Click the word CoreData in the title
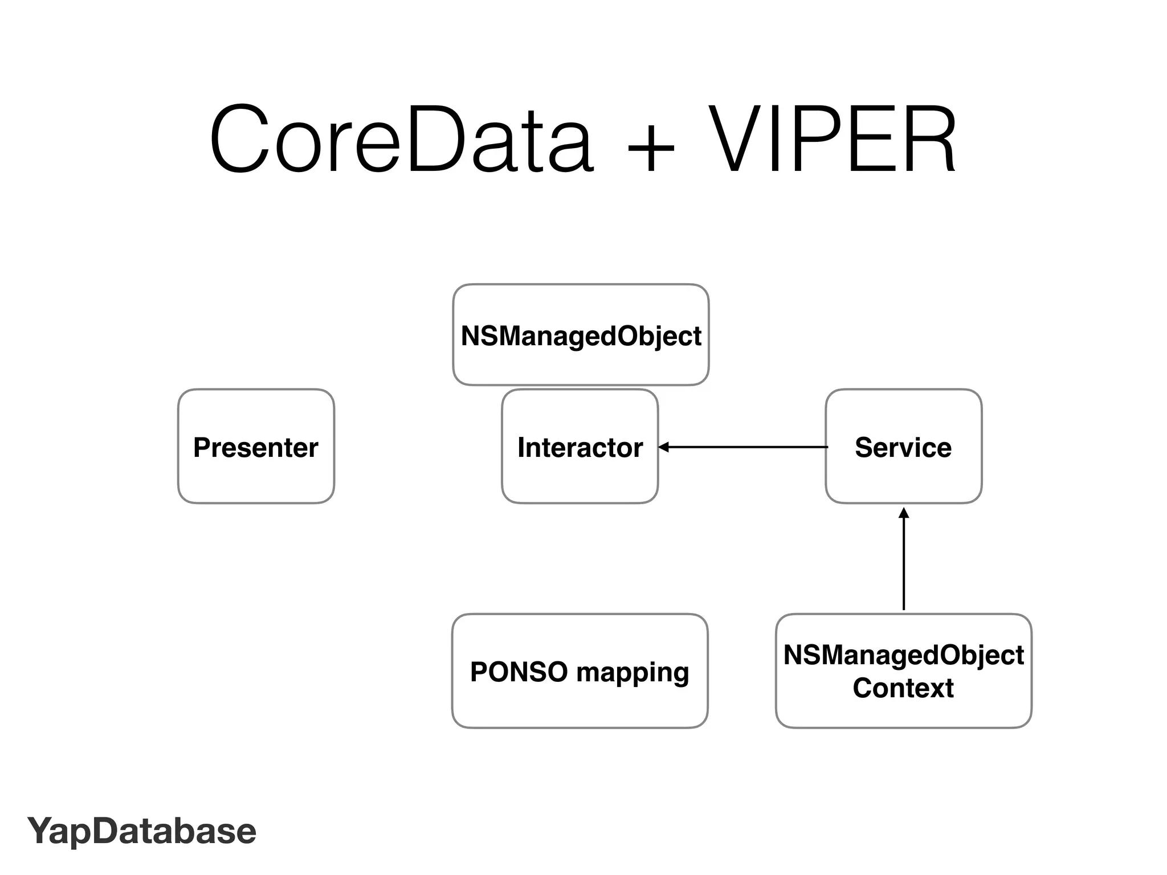click(x=402, y=140)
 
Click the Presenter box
click(x=256, y=447)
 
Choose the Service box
click(x=903, y=447)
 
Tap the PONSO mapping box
click(x=580, y=671)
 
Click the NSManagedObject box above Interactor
click(x=581, y=336)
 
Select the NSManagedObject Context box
click(x=903, y=671)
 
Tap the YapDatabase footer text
click(x=142, y=831)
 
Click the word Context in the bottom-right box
click(x=903, y=688)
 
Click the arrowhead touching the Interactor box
click(x=664, y=447)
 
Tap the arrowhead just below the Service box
click(x=904, y=513)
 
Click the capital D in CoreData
click(x=436, y=140)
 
